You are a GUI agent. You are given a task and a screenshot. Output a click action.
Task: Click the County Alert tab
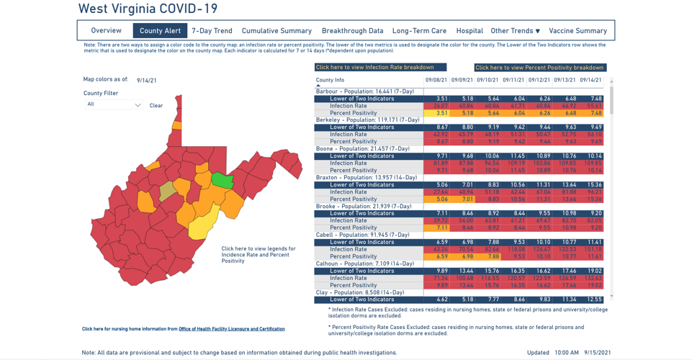tap(160, 31)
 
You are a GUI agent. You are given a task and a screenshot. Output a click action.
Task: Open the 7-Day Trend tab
tap(212, 31)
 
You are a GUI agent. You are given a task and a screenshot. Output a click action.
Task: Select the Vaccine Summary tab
tap(578, 31)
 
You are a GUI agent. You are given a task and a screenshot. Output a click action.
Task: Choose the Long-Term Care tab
tap(419, 31)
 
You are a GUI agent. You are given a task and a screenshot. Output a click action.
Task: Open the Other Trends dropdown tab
tap(515, 31)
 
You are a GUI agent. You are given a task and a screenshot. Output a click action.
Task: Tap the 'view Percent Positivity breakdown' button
tap(539, 68)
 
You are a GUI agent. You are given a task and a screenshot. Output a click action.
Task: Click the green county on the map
tap(223, 180)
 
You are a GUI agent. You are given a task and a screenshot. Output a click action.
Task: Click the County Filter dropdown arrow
tap(138, 105)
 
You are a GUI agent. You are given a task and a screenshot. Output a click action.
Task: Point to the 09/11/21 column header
tap(513, 80)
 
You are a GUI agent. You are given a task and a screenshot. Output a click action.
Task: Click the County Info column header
tap(330, 80)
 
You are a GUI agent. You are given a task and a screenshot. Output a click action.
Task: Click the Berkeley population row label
tap(367, 120)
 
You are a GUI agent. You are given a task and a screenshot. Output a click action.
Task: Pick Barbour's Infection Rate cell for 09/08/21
tap(437, 106)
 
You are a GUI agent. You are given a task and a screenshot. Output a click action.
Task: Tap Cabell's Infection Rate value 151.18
tap(593, 249)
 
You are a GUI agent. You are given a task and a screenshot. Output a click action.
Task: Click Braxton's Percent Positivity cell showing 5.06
tap(437, 199)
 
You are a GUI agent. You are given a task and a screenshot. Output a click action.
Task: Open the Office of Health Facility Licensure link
tap(231, 329)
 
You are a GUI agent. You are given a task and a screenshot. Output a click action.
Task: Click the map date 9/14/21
tap(147, 81)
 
